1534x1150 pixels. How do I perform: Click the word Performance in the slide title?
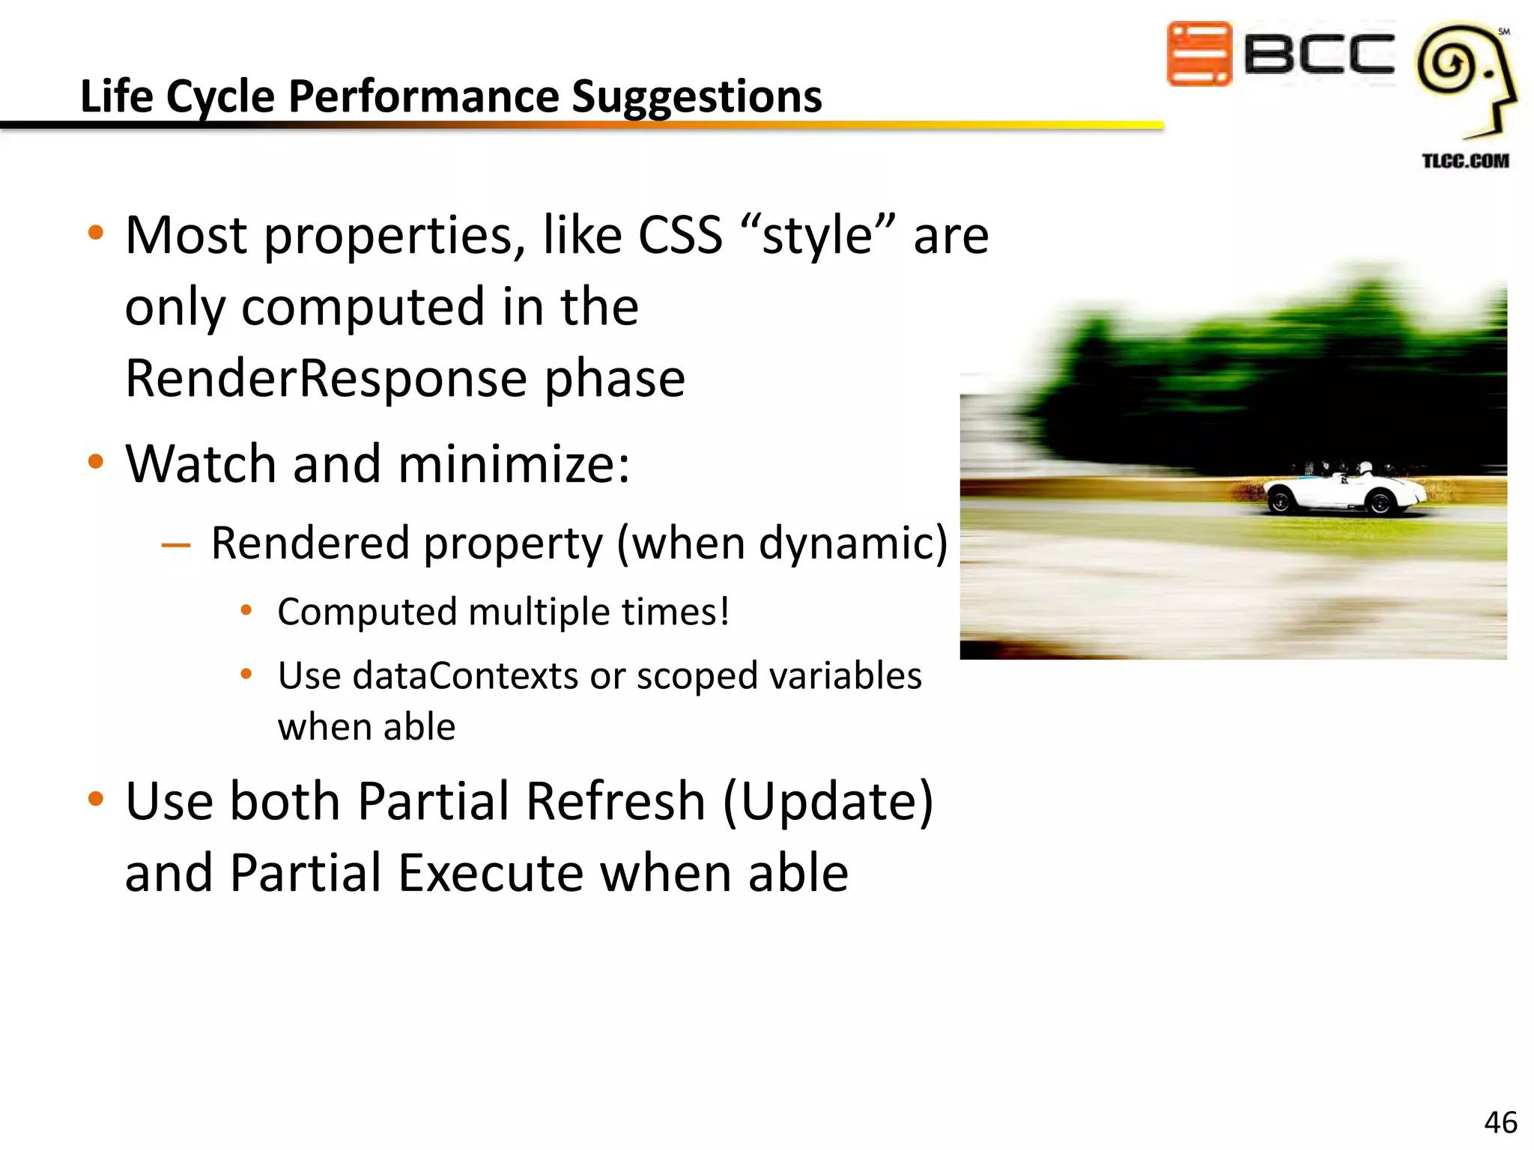[423, 97]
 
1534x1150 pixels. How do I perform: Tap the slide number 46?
[1500, 1122]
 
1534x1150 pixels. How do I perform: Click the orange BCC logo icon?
[1199, 54]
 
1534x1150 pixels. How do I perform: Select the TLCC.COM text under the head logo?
[1465, 161]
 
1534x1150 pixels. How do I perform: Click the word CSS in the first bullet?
[680, 236]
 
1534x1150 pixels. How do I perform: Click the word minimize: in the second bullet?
[514, 464]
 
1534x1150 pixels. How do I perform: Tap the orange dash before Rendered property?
[176, 545]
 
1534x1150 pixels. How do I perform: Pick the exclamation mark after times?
[724, 612]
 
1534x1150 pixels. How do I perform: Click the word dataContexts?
[465, 676]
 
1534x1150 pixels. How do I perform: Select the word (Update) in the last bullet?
[828, 802]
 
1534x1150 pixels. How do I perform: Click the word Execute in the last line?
[491, 874]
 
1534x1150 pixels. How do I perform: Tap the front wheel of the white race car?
[1380, 503]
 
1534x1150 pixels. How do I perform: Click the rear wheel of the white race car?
[1280, 501]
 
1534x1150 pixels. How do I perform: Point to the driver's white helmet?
[1365, 469]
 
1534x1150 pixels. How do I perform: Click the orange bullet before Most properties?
[95, 233]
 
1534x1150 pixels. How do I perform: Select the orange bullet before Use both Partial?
[95, 799]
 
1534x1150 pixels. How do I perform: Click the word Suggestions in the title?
[697, 97]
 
